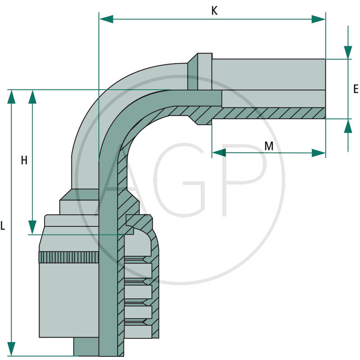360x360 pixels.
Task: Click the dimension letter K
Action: click(x=215, y=11)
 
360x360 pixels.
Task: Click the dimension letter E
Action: click(x=355, y=89)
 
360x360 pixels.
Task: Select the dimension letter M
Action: click(x=269, y=146)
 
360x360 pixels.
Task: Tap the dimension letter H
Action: click(x=24, y=160)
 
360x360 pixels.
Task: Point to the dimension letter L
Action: click(x=3, y=226)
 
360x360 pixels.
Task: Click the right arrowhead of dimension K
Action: click(x=319, y=19)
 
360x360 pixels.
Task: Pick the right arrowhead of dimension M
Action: click(x=319, y=153)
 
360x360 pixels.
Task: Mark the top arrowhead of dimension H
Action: click(x=32, y=96)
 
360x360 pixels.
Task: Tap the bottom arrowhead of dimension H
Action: click(x=32, y=227)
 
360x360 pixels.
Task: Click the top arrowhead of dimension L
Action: click(x=12, y=96)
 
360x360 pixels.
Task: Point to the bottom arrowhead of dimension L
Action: click(x=12, y=348)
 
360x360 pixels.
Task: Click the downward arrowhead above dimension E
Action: click(x=348, y=52)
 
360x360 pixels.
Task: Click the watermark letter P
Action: click(x=245, y=180)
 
